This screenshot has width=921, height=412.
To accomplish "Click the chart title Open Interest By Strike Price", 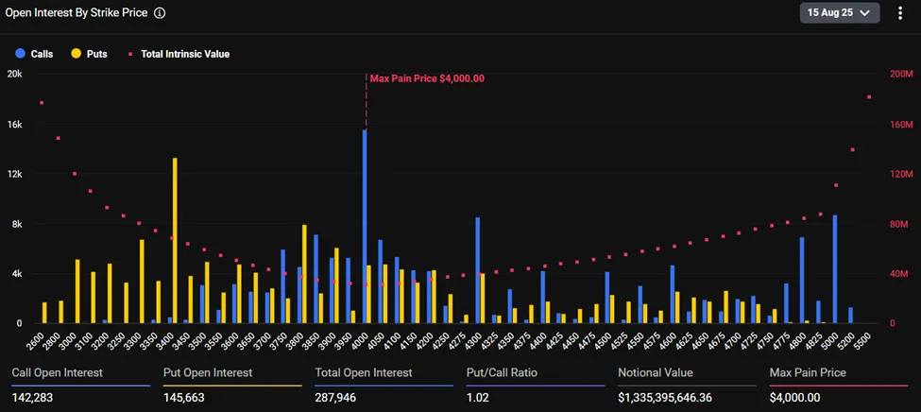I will pyautogui.click(x=77, y=13).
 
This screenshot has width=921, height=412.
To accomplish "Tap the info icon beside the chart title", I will pyautogui.click(x=160, y=13).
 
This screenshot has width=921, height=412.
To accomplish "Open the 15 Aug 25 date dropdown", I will pyautogui.click(x=840, y=13).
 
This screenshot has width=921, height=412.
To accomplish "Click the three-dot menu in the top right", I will pyautogui.click(x=899, y=13).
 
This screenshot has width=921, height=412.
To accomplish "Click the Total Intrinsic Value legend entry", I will pyautogui.click(x=179, y=54).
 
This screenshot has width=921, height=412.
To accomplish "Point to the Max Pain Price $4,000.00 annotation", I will pyautogui.click(x=427, y=78).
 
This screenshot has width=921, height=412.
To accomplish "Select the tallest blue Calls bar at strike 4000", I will pyautogui.click(x=365, y=227).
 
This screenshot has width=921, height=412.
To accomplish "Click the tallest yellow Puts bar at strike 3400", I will pyautogui.click(x=175, y=241).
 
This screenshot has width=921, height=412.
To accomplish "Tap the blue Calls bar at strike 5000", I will pyautogui.click(x=834, y=269).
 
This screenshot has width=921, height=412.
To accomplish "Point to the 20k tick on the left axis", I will pyautogui.click(x=14, y=74).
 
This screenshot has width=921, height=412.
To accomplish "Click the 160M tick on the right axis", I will pyautogui.click(x=902, y=124).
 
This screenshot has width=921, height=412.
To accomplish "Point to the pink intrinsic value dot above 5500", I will pyautogui.click(x=868, y=97).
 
